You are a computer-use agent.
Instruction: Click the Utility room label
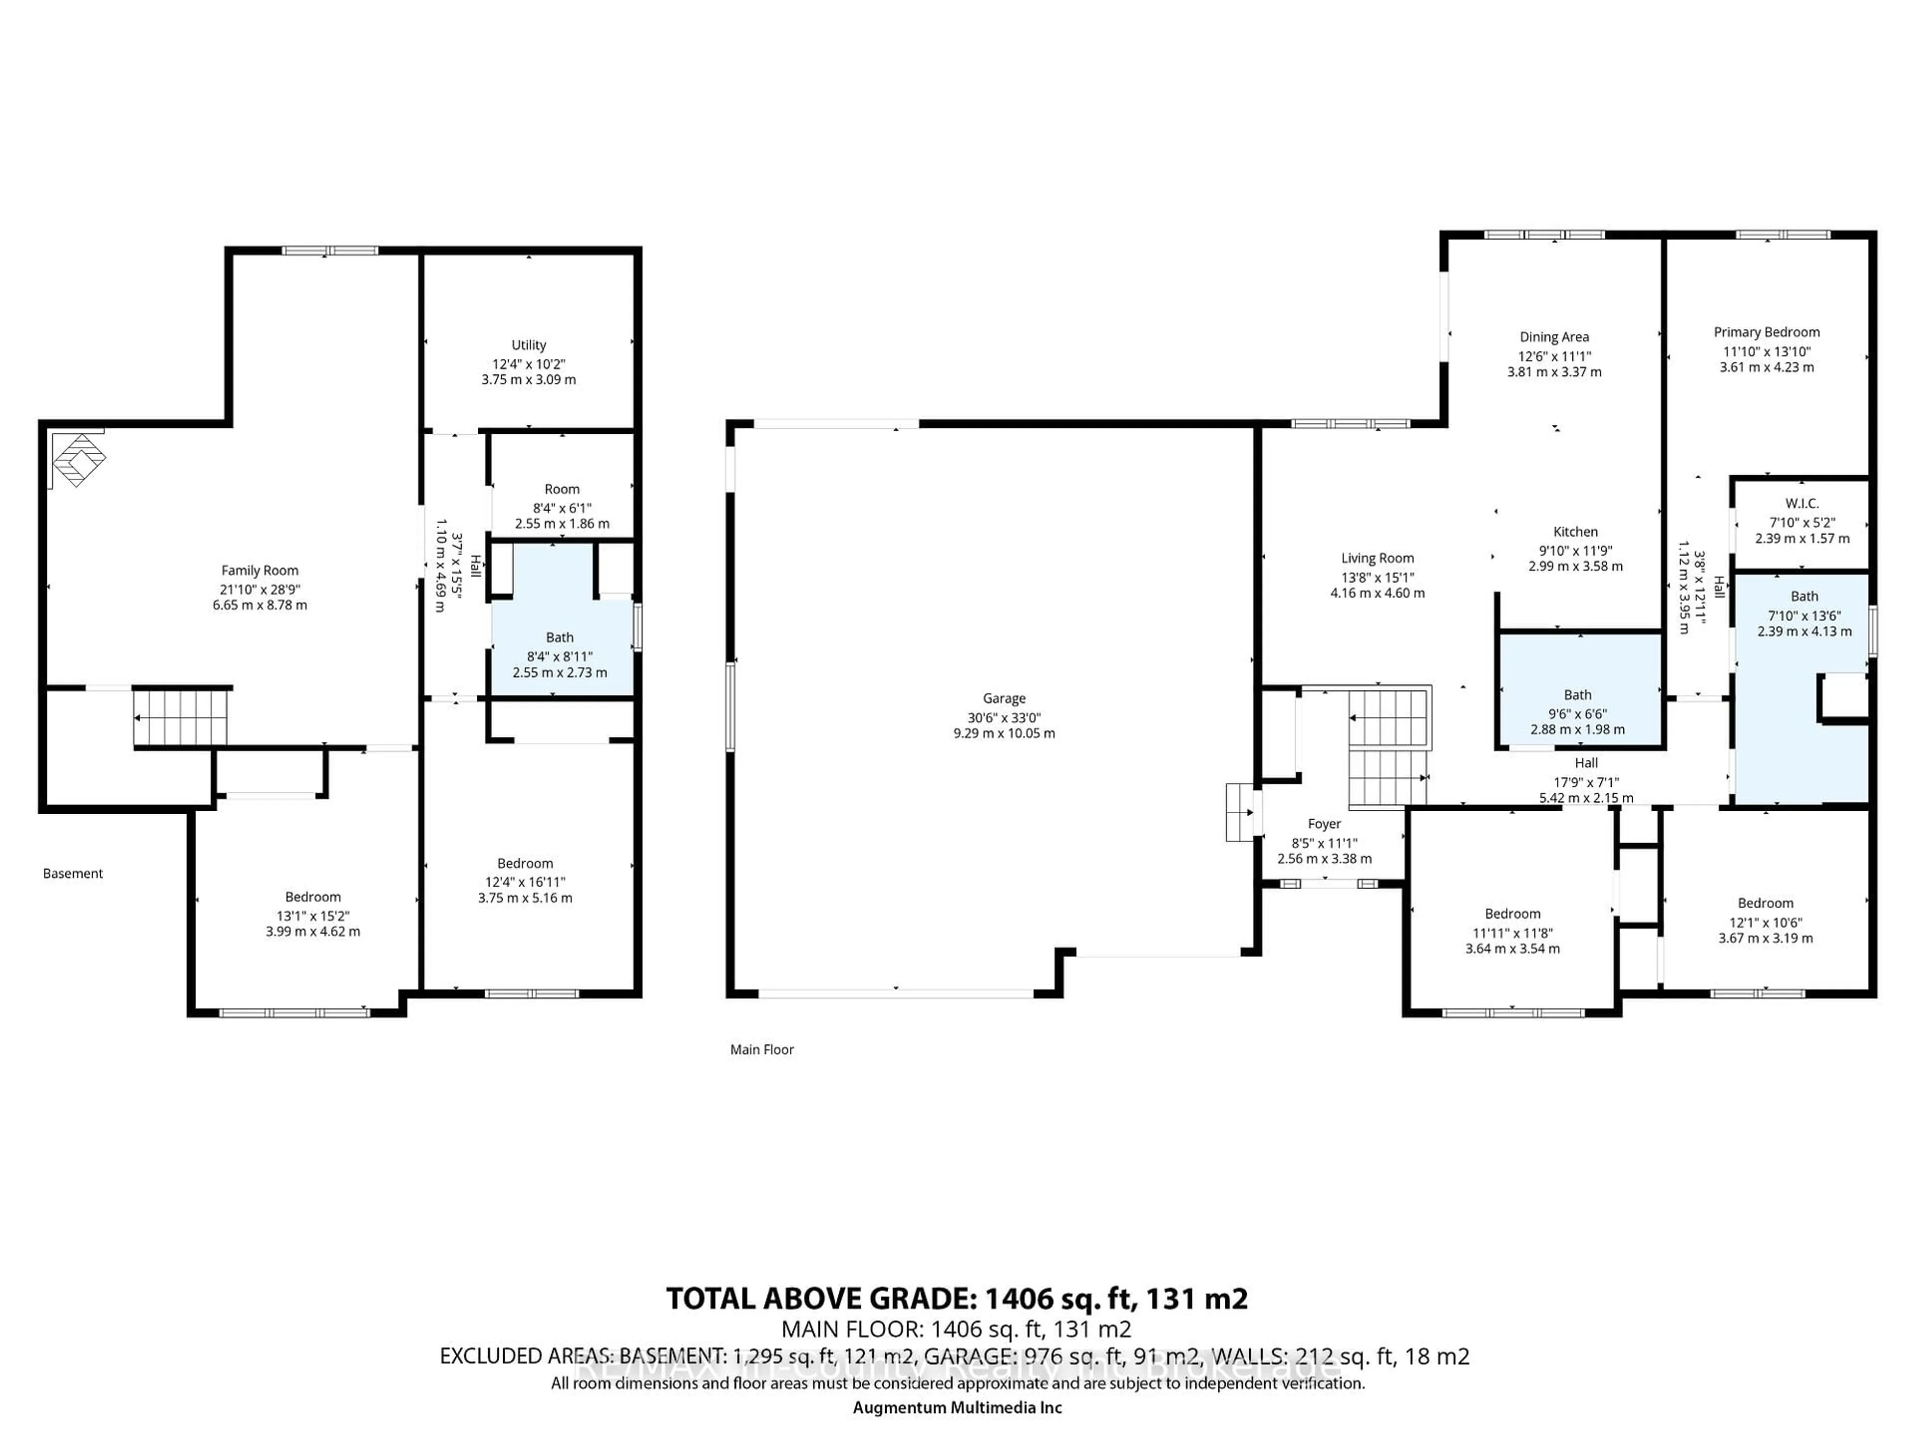click(528, 345)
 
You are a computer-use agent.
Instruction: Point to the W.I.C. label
click(1802, 504)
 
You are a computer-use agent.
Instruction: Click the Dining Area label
click(1554, 337)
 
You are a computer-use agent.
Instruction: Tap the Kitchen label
click(1575, 532)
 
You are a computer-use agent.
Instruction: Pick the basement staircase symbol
click(182, 717)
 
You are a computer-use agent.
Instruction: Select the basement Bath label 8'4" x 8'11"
click(559, 637)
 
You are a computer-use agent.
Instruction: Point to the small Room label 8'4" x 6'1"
click(562, 489)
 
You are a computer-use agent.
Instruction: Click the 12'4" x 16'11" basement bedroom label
click(525, 863)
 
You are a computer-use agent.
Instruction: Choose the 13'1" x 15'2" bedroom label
click(313, 897)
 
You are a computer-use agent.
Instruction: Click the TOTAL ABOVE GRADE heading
click(957, 1298)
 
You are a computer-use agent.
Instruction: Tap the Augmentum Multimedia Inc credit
click(957, 1408)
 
